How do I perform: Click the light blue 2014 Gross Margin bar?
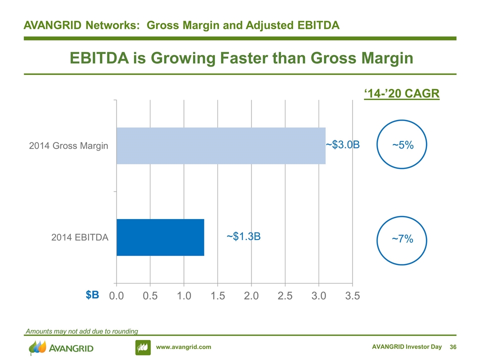pyautogui.click(x=220, y=145)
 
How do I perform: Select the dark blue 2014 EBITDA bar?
pyautogui.click(x=160, y=237)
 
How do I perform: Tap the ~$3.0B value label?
pyautogui.click(x=342, y=144)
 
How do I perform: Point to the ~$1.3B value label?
pyautogui.click(x=243, y=236)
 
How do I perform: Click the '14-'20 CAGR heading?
pyautogui.click(x=401, y=93)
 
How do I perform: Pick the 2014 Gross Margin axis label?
pyautogui.click(x=68, y=145)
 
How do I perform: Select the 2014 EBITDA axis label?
pyautogui.click(x=80, y=237)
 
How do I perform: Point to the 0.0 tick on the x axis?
pyautogui.click(x=116, y=295)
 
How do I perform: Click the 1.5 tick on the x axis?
pyautogui.click(x=217, y=295)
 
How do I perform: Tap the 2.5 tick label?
pyautogui.click(x=285, y=295)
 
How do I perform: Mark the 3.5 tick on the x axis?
pyautogui.click(x=352, y=295)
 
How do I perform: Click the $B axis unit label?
pyautogui.click(x=92, y=295)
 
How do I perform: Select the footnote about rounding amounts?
pyautogui.click(x=81, y=331)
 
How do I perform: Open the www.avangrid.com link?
pyautogui.click(x=183, y=347)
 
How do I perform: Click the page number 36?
pyautogui.click(x=453, y=347)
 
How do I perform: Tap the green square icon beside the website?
pyautogui.click(x=143, y=347)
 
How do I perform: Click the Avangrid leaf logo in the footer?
pyautogui.click(x=37, y=347)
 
